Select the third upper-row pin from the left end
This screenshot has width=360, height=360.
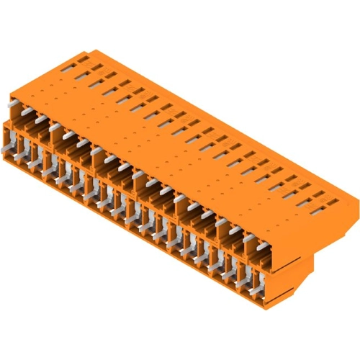click(55, 128)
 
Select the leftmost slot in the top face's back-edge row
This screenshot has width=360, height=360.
click(68, 65)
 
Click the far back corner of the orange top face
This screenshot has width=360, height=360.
click(92, 50)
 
